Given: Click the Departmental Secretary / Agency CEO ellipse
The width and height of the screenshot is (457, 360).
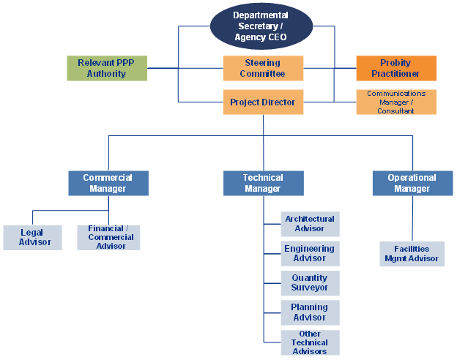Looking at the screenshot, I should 261,26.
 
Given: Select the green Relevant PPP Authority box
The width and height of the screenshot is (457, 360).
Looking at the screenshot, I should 107,68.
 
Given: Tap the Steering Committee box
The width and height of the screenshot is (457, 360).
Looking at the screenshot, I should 263,68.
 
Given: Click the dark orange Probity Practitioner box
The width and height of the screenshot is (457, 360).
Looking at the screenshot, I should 396,68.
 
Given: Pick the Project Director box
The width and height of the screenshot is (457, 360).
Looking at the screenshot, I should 263,102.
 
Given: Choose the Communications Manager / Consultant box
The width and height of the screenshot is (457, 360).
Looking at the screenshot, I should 396,102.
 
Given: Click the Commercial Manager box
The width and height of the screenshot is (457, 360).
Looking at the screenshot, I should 108,183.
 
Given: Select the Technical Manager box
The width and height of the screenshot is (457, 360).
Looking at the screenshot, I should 263,183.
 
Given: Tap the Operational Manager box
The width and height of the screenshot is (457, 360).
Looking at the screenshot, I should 412,183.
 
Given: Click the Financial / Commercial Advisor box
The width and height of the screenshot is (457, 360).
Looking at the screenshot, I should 108,237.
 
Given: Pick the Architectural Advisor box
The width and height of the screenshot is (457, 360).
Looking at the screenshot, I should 310,224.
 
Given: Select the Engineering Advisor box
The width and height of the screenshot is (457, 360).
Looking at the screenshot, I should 310,253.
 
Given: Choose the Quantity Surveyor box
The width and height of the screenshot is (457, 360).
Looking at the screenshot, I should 310,283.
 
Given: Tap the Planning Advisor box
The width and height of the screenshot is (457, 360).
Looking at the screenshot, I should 310,312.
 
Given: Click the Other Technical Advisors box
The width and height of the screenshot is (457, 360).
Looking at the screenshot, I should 310,342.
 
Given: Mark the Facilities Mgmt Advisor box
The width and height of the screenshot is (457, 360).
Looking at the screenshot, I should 412,254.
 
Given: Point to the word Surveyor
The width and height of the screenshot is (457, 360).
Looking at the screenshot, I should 309,288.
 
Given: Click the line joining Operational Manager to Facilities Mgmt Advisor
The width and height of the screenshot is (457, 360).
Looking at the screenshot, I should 412,219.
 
